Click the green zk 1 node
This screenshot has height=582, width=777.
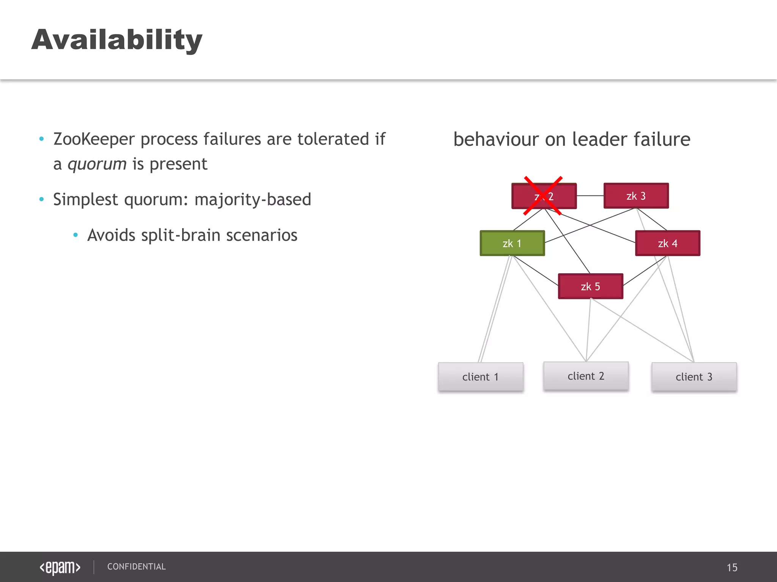(512, 243)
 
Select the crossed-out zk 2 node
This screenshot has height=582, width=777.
(544, 196)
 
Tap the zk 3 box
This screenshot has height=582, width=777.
(636, 196)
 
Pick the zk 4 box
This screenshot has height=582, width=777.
(667, 243)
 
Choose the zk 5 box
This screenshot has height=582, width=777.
(590, 286)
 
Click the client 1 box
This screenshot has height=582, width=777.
(480, 377)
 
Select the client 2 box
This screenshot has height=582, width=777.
(586, 376)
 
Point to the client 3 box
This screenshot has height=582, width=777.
(694, 377)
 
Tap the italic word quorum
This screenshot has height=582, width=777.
(97, 164)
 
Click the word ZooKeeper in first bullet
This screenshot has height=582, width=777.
(94, 139)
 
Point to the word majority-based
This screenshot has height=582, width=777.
(253, 200)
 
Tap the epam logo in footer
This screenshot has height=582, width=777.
(60, 567)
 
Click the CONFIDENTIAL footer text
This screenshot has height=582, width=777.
(136, 566)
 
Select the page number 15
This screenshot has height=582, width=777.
(732, 567)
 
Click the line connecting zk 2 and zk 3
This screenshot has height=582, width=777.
(590, 196)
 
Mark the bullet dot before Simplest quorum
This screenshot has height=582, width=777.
(41, 199)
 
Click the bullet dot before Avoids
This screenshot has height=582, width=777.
(75, 235)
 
